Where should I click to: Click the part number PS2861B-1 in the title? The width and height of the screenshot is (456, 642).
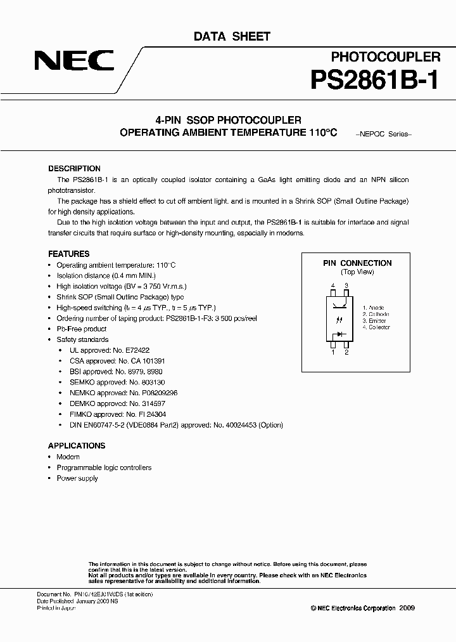coord(374,81)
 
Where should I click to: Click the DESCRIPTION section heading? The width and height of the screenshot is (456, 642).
coord(74,169)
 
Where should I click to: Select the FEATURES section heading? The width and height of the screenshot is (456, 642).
coord(68,254)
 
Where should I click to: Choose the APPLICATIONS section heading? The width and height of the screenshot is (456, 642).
coord(76,446)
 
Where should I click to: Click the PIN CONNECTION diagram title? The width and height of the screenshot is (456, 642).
coord(357,263)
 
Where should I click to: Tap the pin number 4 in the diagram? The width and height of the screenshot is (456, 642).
coord(332,287)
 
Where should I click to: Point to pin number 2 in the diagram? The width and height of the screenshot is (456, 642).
coord(346,352)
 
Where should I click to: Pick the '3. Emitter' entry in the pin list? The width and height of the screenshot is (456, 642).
coord(376,321)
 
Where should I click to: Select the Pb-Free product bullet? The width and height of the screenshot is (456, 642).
coord(81,329)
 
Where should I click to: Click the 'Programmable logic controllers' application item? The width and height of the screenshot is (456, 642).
coord(104,468)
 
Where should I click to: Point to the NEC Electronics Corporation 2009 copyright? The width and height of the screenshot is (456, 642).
coord(362,607)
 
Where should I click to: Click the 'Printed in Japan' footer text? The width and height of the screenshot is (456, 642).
coord(56,608)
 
